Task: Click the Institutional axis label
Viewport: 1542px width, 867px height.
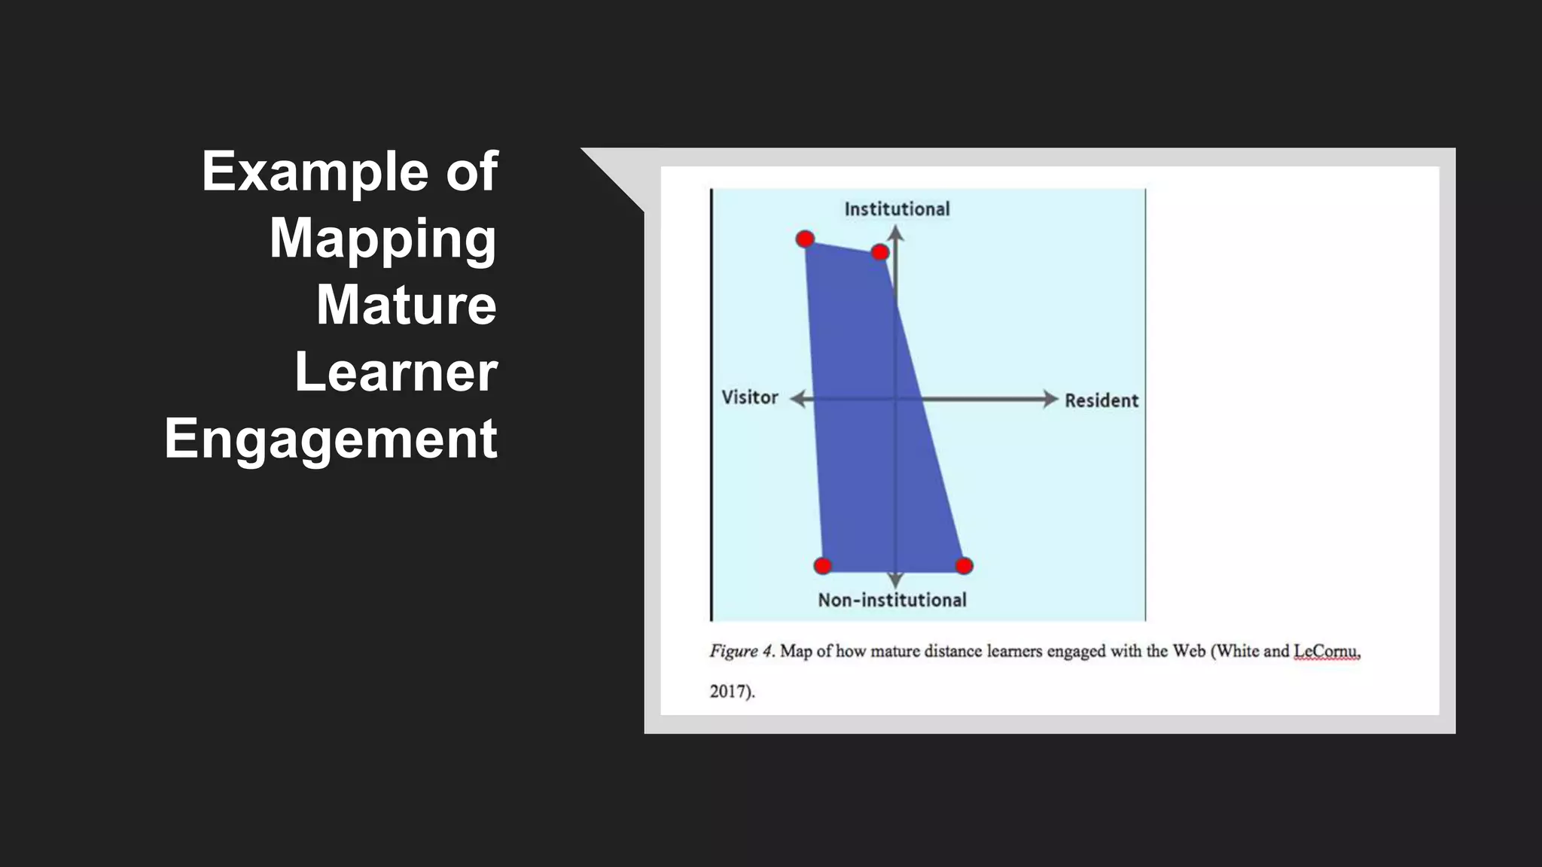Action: point(897,209)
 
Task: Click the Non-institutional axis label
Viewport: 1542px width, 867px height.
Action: point(892,600)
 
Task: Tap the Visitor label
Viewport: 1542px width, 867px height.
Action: point(750,397)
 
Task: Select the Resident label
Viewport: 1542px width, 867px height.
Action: point(1101,400)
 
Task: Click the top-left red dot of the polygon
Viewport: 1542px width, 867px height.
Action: point(805,239)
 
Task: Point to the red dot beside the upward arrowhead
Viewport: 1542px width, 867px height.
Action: point(879,252)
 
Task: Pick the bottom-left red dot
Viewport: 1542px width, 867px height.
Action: point(823,566)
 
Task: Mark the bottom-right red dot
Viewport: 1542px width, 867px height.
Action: point(964,566)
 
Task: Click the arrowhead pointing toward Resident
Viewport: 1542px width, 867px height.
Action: point(1050,399)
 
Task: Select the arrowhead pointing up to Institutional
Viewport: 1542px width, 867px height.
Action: point(895,233)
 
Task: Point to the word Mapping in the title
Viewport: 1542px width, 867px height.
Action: point(383,238)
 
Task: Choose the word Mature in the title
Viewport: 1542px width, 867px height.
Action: point(406,305)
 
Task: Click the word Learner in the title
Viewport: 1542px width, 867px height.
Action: point(396,372)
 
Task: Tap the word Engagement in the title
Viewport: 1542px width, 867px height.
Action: point(331,439)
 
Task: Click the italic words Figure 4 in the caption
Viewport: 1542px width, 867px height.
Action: point(742,651)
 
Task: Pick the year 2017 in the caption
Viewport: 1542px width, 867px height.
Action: point(728,691)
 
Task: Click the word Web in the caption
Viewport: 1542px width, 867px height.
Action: point(1189,651)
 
